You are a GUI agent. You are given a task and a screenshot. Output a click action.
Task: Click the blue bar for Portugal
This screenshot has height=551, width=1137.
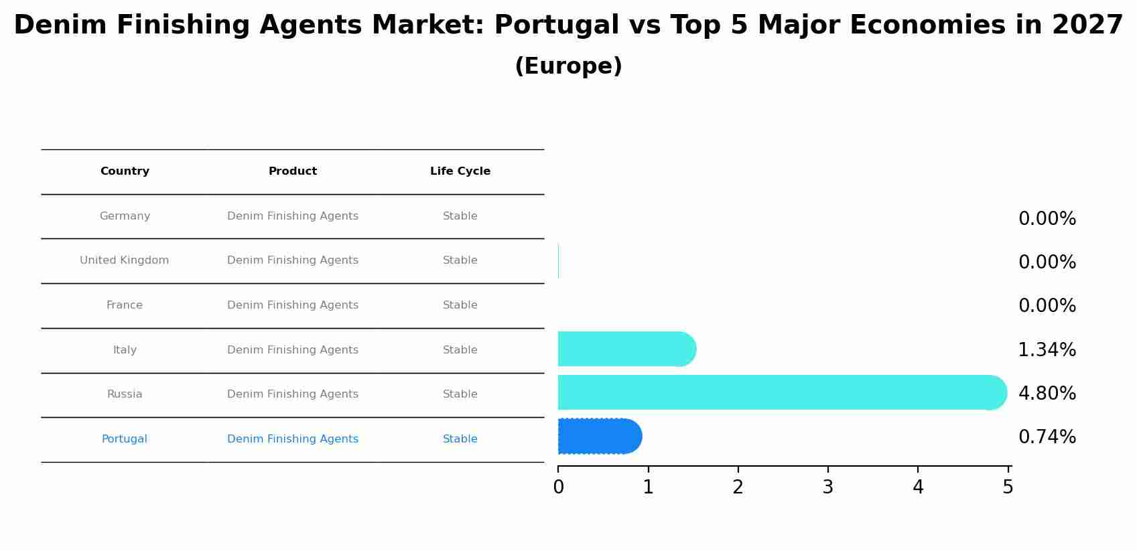coord(599,437)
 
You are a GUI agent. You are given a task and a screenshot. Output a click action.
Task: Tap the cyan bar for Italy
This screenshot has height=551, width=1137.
coord(626,349)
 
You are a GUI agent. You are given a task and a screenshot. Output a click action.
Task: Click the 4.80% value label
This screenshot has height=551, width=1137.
coord(1047,393)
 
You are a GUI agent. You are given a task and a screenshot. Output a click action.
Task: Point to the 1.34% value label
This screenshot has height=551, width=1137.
coord(1047,349)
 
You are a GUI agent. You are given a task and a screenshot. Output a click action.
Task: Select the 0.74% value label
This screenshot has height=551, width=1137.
coord(1047,437)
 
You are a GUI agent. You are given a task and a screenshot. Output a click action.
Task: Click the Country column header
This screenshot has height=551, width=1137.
coord(125,171)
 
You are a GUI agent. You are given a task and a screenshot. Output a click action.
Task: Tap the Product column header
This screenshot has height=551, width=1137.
coord(292,171)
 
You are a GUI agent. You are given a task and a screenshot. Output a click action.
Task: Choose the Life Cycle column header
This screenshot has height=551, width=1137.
coord(460,171)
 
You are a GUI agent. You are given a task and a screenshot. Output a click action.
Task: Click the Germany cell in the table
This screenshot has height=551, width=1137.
coord(125,216)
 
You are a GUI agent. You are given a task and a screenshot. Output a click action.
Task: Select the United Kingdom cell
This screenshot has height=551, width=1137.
coord(124,260)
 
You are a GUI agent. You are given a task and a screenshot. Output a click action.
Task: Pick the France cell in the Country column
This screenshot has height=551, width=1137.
coord(124,305)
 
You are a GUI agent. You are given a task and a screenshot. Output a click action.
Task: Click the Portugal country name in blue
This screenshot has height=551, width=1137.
coord(124,439)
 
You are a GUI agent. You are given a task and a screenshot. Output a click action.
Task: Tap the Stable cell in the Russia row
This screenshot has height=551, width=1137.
coord(460,394)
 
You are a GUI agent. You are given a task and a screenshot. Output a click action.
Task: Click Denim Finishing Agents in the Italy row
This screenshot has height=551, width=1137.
coord(292,350)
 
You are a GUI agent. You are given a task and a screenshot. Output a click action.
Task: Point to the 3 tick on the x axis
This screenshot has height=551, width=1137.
coord(827,487)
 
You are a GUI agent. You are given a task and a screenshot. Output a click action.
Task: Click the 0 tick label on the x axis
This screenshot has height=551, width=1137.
coord(558,487)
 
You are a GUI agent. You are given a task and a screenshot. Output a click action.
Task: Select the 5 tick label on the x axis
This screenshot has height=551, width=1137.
coord(1007,487)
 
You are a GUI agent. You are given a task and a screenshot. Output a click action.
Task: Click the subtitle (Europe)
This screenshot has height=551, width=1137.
coord(568,66)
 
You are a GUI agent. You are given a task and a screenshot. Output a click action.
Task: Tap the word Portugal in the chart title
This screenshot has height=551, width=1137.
coord(556,25)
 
